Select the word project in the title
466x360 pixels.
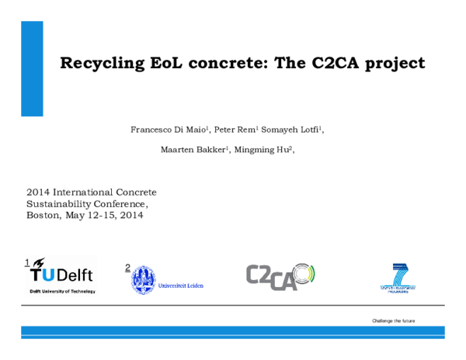[x=392, y=63]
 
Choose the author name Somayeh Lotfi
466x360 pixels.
[x=297, y=130]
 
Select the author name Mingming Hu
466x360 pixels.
[x=263, y=149]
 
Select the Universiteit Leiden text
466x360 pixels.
[x=180, y=286]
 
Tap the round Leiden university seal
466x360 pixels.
[x=143, y=279]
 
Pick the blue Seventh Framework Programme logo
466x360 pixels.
[x=398, y=277]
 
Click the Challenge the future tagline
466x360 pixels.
[x=393, y=320]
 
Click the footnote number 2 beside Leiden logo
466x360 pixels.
[x=127, y=268]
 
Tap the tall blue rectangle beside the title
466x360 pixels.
[x=32, y=68]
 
